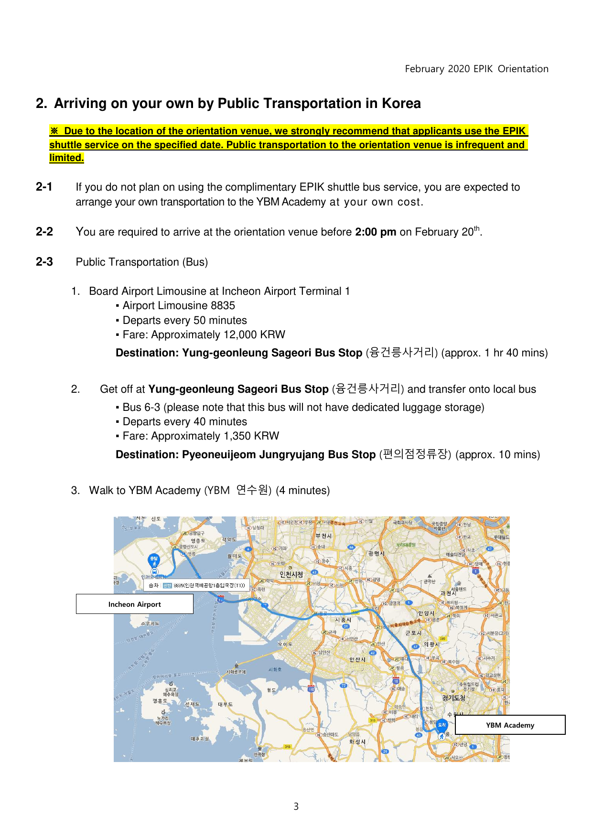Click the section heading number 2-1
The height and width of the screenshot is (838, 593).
point(44,187)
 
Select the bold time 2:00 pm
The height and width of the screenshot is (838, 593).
point(375,232)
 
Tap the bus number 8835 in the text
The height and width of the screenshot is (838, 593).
point(223,306)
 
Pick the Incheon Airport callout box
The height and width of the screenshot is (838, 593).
point(134,604)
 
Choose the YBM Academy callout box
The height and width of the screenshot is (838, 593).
point(510,725)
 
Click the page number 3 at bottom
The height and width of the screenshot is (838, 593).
point(296,806)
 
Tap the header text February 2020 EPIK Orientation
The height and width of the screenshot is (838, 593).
point(476,69)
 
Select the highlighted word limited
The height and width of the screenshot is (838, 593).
point(66,158)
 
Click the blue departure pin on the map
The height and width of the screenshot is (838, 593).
point(154,559)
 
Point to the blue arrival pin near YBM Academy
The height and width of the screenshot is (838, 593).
point(442,725)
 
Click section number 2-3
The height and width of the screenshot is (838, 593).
point(44,262)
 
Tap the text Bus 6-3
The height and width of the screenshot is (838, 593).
point(141,408)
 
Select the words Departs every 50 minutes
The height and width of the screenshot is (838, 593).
point(184,321)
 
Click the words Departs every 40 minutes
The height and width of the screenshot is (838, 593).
point(184,422)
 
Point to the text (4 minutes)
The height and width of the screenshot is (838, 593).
point(302,491)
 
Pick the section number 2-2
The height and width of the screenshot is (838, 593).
point(44,232)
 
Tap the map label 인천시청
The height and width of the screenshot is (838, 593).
point(291,574)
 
